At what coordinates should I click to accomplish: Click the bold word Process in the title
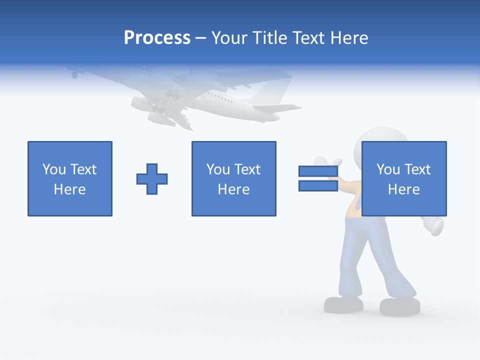click(157, 38)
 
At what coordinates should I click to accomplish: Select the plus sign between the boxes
click(152, 179)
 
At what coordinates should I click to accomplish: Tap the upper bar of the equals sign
click(318, 171)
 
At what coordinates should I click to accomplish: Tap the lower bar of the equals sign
click(318, 186)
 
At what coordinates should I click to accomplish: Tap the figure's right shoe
click(399, 306)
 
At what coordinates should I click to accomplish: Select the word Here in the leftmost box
click(70, 189)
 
